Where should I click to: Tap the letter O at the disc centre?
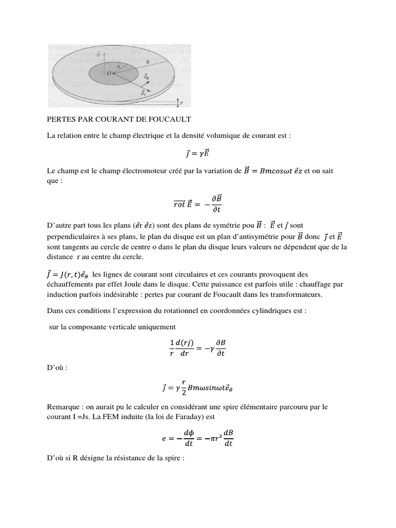pos(109,74)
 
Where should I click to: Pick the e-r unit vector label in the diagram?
pos(143,94)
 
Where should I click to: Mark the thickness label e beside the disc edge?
pos(182,102)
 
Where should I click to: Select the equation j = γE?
pos(197,153)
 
